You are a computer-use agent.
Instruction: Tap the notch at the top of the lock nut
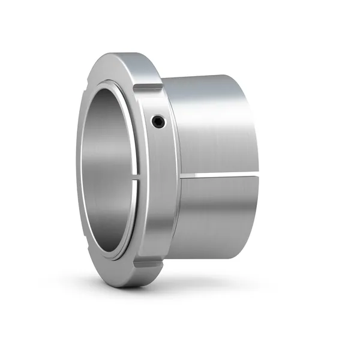click(x=147, y=88)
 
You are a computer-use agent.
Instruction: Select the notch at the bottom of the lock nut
click(x=148, y=263)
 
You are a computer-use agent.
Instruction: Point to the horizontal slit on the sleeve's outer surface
click(x=219, y=175)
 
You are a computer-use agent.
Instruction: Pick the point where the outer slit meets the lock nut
click(x=180, y=176)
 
